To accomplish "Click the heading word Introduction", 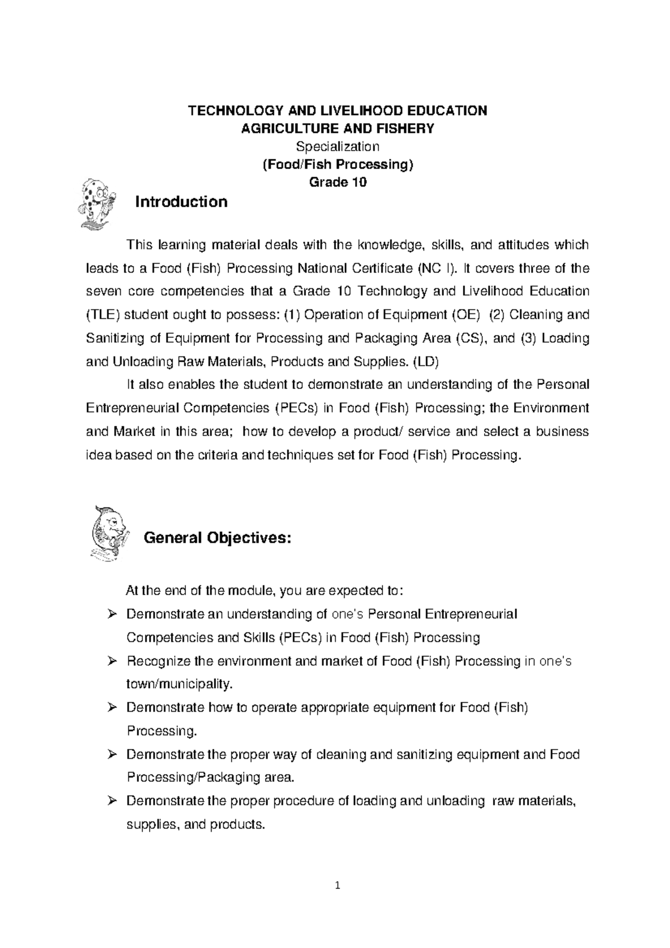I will click(181, 202).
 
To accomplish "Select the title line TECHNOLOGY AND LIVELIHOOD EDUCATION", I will click(337, 111).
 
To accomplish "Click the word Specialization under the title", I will click(337, 146).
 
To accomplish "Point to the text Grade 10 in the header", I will click(338, 182).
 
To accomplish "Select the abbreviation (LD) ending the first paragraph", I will click(425, 361).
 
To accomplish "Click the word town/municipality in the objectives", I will click(178, 684).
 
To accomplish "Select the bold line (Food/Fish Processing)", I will click(337, 164).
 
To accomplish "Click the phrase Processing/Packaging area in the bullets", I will click(209, 778).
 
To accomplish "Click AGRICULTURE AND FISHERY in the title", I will click(337, 128).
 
